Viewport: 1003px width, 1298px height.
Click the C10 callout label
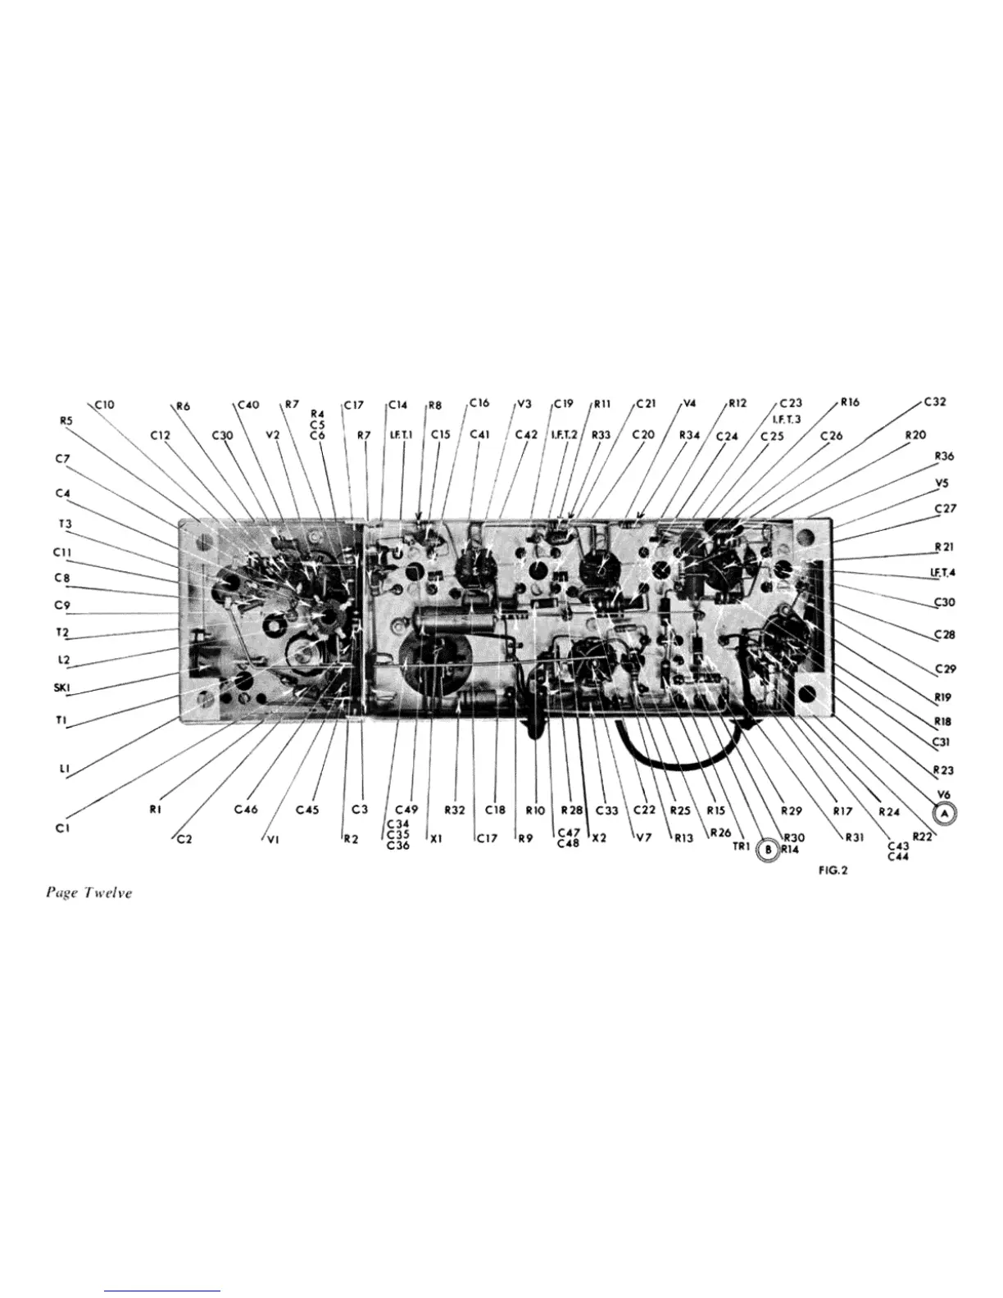point(104,404)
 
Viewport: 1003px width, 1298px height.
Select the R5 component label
point(66,421)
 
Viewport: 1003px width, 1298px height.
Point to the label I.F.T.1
point(402,435)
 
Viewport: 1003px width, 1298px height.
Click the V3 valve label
point(524,404)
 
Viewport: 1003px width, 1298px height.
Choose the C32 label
point(935,402)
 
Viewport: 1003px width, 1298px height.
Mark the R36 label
point(943,456)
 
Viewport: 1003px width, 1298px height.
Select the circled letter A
point(945,813)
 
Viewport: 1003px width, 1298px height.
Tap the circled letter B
point(768,850)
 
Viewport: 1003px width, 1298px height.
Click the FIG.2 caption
point(833,870)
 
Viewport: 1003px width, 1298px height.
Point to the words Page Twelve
point(88,892)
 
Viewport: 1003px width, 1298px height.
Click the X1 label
point(436,839)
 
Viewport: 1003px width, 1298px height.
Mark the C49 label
point(406,810)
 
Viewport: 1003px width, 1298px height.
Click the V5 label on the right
point(942,483)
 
